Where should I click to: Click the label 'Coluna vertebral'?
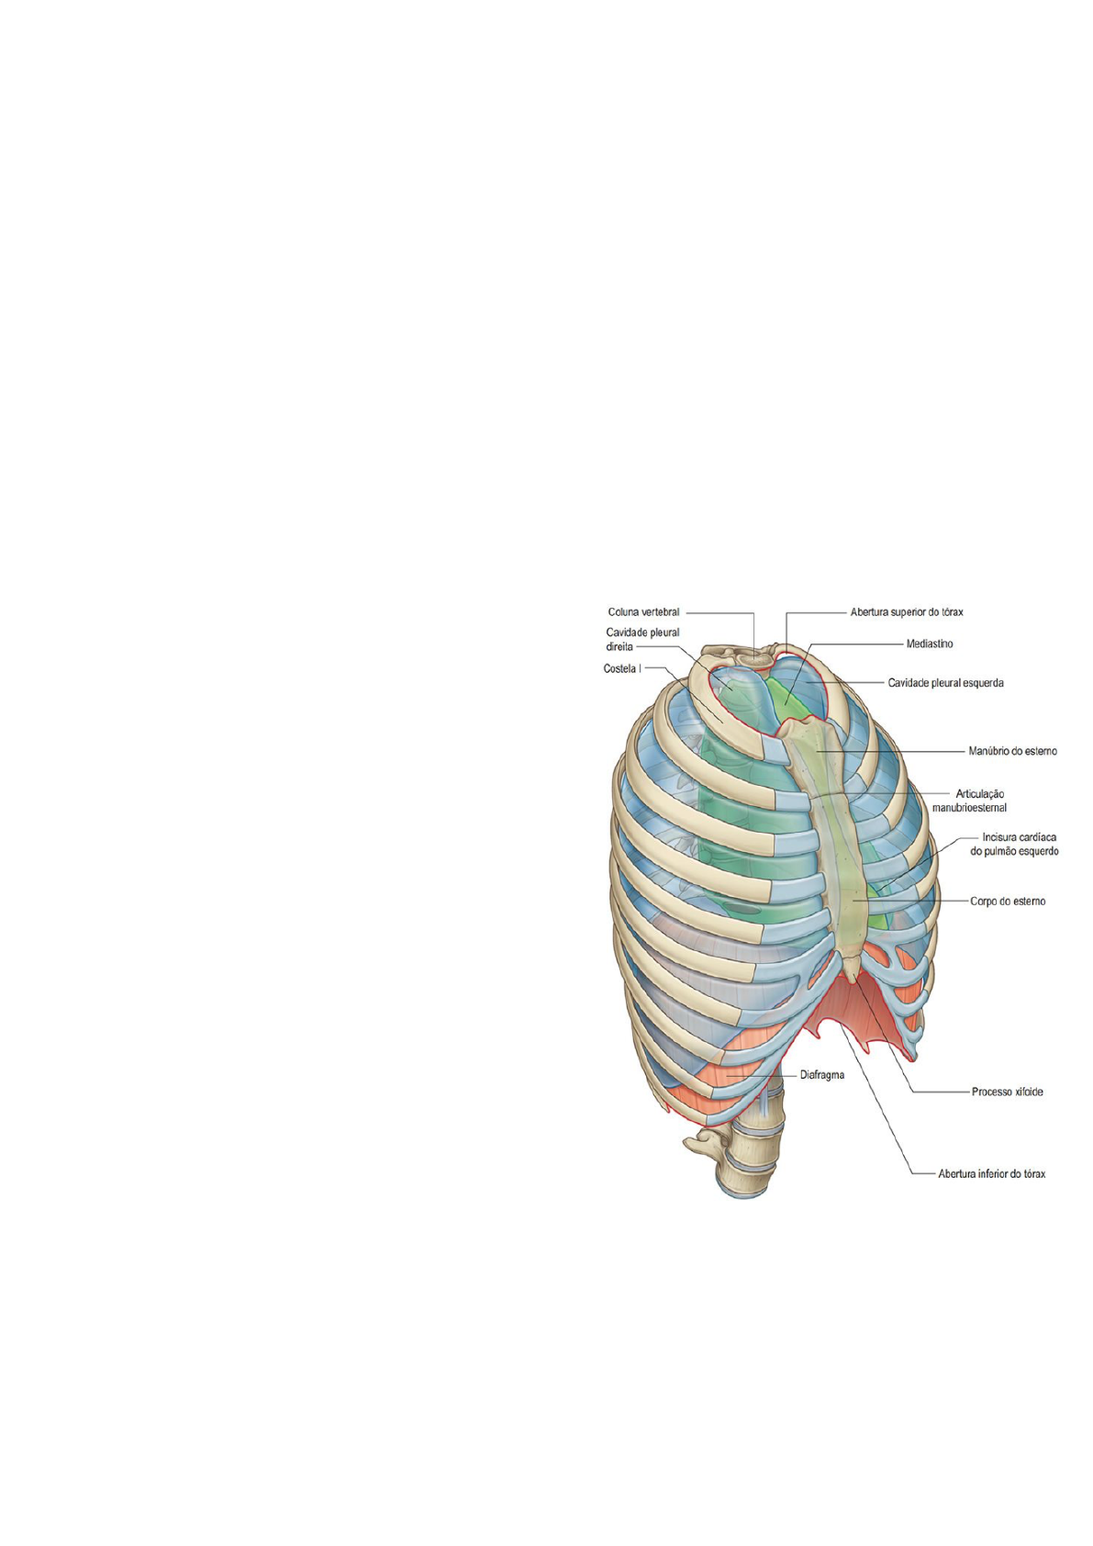643,612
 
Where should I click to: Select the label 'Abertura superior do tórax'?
906,611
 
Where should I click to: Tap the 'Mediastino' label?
929,644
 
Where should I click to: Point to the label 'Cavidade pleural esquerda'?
944,683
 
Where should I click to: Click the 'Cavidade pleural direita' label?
641,639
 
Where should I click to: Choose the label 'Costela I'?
622,669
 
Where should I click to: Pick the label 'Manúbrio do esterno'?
1012,751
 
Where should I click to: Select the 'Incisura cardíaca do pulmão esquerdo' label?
1014,844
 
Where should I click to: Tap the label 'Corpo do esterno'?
1007,902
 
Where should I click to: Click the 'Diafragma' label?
821,1074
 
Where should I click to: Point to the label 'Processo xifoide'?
1007,1092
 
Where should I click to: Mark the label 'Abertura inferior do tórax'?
991,1174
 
